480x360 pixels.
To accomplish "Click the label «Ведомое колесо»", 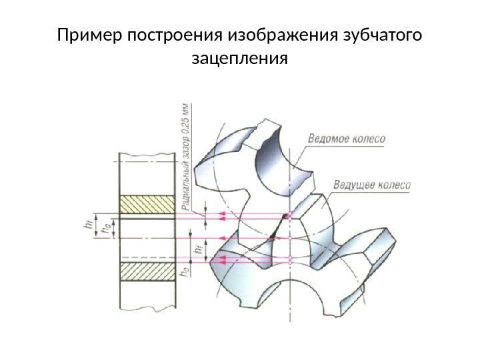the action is (346, 139).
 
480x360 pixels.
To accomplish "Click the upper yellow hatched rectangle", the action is (147, 205).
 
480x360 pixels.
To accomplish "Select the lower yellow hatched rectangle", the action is (147, 272).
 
